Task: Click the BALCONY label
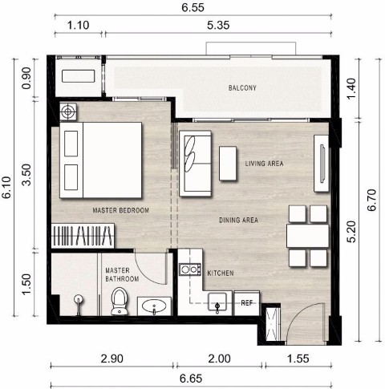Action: click(x=242, y=87)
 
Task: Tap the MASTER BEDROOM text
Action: click(x=120, y=210)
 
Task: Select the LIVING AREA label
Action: click(x=264, y=164)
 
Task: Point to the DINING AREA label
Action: click(x=238, y=220)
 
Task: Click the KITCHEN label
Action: click(x=221, y=273)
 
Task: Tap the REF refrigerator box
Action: click(x=247, y=303)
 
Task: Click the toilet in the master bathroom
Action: click(x=120, y=302)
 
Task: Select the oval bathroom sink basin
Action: click(x=154, y=306)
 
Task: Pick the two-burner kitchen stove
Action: click(x=190, y=269)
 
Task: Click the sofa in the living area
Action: click(x=196, y=164)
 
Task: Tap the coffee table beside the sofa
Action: click(x=228, y=164)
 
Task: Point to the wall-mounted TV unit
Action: click(x=322, y=164)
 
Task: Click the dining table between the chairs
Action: click(x=308, y=236)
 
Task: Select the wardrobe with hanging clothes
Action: click(x=83, y=236)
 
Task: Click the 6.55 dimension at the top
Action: click(x=192, y=7)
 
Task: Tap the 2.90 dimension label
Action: click(x=112, y=359)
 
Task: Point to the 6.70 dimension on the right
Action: click(x=371, y=200)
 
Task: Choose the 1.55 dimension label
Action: click(x=298, y=359)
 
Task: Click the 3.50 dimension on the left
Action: click(x=26, y=175)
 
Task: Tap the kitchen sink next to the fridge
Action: click(x=217, y=303)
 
